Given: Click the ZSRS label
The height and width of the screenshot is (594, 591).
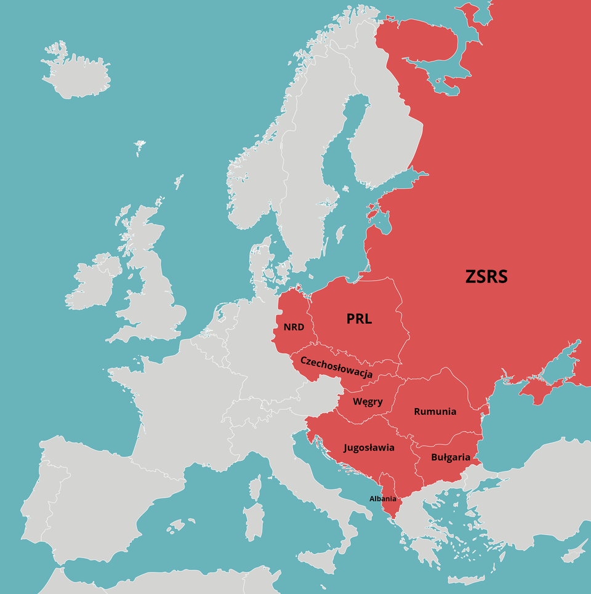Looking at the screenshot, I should point(486,276).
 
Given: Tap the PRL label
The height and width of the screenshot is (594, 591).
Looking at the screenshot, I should point(360,319).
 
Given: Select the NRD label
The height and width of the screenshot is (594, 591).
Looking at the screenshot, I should point(294,327).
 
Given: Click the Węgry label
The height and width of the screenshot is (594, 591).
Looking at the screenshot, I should point(368,402).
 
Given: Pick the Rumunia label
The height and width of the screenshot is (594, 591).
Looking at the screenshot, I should point(435,411).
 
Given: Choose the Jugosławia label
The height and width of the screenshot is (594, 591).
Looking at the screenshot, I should point(369,448).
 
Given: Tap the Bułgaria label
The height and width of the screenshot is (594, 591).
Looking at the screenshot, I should point(450,457).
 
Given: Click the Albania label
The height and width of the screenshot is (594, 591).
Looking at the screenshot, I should point(382,499).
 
